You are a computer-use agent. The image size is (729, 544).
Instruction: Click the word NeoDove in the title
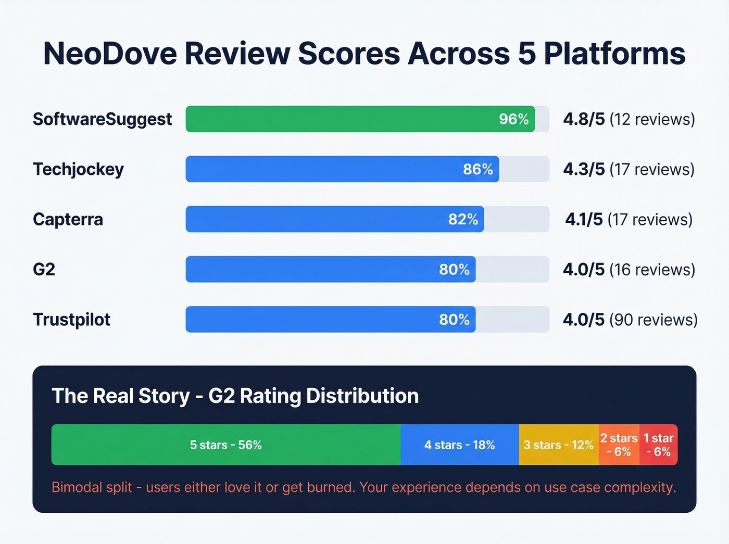point(111,54)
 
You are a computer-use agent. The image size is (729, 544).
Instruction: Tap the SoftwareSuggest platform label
point(102,119)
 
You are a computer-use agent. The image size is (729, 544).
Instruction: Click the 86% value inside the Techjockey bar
point(477,169)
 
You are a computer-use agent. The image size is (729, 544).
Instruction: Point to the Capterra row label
point(68,219)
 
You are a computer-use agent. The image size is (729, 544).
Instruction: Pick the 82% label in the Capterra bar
point(463,219)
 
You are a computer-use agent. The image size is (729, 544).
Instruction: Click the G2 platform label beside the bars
point(44,269)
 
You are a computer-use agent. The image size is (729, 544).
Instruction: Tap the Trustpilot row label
point(71,319)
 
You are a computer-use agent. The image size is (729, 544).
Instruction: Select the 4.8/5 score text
point(584,119)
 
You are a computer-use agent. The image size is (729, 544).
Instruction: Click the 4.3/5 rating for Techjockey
point(584,169)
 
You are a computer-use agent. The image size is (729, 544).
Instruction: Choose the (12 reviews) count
point(652,119)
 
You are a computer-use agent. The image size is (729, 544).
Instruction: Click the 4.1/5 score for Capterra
point(584,219)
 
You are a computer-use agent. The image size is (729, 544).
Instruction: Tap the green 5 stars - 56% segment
point(225,445)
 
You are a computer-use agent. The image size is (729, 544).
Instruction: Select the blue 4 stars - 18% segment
point(459,445)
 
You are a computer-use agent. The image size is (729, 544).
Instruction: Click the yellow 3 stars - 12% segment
point(558,445)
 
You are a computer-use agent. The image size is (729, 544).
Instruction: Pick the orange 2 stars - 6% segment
point(619,445)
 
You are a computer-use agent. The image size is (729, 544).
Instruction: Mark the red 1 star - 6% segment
point(658,445)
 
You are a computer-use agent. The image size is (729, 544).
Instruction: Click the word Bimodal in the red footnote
point(77,487)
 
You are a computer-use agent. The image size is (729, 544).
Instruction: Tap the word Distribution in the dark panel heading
point(362,396)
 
